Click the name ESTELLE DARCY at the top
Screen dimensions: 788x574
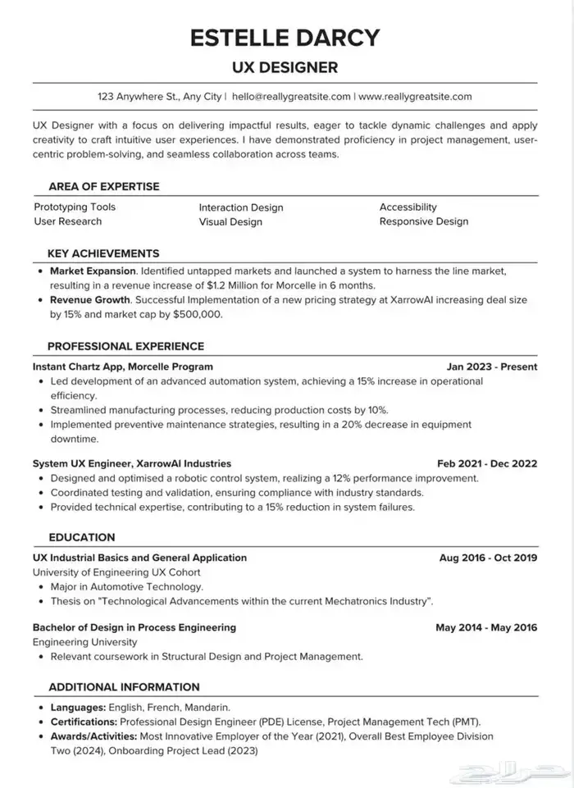coord(285,37)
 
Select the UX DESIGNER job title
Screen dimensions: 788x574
coord(285,66)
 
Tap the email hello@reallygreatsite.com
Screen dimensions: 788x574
coord(291,96)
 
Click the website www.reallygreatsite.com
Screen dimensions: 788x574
coord(416,96)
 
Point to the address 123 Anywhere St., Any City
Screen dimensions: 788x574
coord(160,96)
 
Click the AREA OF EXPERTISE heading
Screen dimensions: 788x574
coord(104,186)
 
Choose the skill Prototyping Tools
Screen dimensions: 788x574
coord(75,207)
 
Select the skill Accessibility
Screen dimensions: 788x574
coord(408,207)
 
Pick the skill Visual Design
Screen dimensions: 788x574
coord(230,221)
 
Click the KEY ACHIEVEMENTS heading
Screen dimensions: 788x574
coord(103,253)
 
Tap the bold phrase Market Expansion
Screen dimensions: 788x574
coord(93,270)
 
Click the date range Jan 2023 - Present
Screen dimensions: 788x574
coord(492,367)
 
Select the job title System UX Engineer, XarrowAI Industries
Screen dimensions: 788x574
coord(132,463)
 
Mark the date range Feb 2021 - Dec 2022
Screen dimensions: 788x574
coord(487,463)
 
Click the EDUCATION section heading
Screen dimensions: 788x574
coord(82,537)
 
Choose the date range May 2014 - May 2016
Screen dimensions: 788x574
coord(486,627)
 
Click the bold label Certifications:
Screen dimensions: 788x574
coord(84,722)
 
